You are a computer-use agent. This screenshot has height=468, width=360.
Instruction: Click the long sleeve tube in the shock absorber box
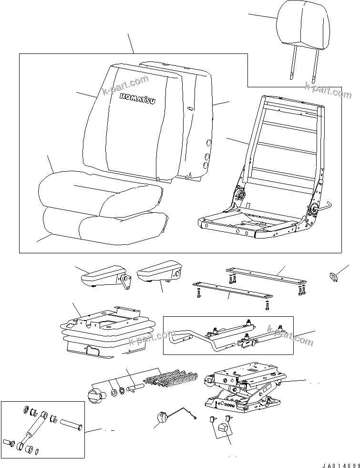pos(71,424)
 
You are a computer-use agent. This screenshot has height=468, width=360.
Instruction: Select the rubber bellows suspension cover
pos(107,334)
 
